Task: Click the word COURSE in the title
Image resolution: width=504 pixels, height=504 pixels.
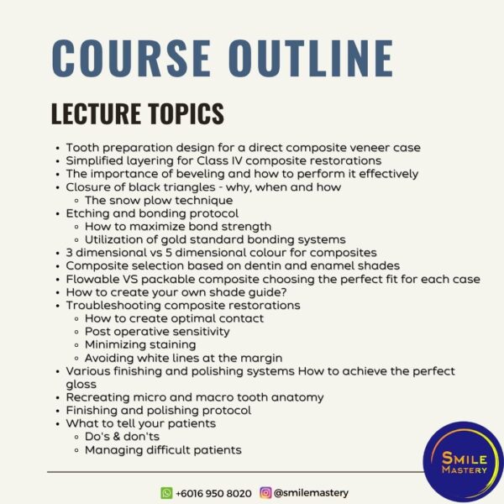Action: point(131,58)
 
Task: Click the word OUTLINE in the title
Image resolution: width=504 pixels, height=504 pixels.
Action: point(311,58)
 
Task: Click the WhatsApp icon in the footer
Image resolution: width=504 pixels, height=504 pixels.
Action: point(166,493)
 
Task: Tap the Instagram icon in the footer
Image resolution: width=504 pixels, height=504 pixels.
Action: point(265,492)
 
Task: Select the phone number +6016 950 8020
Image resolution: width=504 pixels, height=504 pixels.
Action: point(213,493)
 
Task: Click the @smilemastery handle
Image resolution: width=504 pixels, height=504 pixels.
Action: point(311,493)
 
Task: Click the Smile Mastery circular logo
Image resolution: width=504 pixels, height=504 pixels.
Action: point(464,463)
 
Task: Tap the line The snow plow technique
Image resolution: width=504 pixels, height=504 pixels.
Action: point(159,200)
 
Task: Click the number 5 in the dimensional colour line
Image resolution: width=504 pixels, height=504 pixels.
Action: point(169,253)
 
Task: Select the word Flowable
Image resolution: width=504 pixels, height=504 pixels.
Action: point(92,279)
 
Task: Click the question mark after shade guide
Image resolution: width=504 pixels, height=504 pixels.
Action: point(284,292)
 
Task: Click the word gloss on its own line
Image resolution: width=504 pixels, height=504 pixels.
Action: point(81,385)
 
